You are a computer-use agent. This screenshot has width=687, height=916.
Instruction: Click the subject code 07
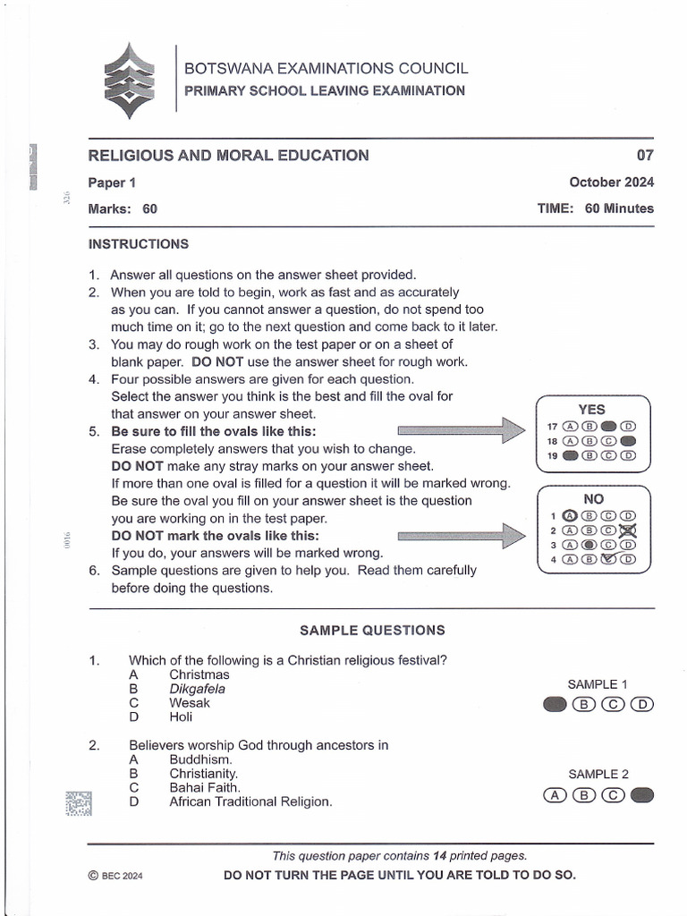pyautogui.click(x=645, y=155)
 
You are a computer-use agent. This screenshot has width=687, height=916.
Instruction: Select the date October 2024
pyautogui.click(x=611, y=182)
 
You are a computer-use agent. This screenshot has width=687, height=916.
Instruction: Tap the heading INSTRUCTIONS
pyautogui.click(x=138, y=244)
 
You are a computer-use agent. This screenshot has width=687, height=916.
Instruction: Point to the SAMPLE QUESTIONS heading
pyautogui.click(x=371, y=630)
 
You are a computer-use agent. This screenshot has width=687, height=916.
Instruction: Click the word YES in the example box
pyautogui.click(x=592, y=410)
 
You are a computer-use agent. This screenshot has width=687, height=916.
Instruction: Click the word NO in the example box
pyautogui.click(x=593, y=498)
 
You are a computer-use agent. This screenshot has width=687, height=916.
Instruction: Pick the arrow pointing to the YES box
pyautogui.click(x=460, y=430)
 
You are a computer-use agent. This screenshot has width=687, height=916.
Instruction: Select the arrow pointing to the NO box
pyautogui.click(x=460, y=536)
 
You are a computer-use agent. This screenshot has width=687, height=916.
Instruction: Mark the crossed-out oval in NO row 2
pyautogui.click(x=628, y=530)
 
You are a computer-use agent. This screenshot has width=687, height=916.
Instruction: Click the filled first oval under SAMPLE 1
pyautogui.click(x=555, y=704)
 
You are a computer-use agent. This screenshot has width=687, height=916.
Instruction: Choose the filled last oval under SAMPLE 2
pyautogui.click(x=642, y=794)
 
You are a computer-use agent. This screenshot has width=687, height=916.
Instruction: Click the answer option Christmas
pyautogui.click(x=199, y=674)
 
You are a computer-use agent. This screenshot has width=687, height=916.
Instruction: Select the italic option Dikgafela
pyautogui.click(x=197, y=689)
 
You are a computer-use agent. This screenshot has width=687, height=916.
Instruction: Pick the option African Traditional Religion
pyautogui.click(x=250, y=801)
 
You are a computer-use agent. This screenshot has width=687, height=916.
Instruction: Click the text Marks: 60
pyautogui.click(x=123, y=208)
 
